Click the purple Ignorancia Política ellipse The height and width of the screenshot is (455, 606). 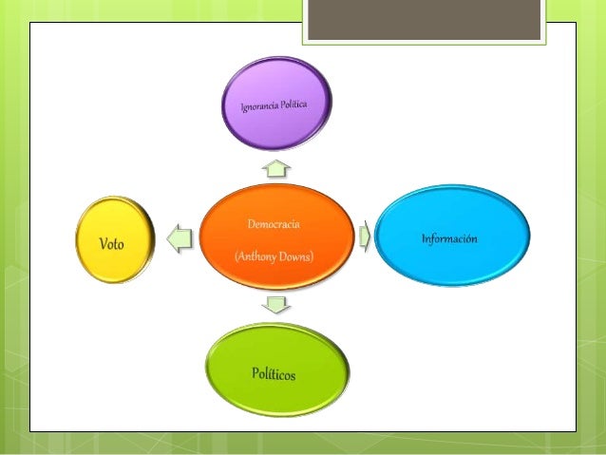[276, 104]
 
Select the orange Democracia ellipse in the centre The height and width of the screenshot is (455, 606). [276, 237]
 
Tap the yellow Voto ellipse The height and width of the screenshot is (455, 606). [115, 239]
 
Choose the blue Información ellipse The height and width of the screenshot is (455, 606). [452, 236]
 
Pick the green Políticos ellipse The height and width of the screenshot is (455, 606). [277, 370]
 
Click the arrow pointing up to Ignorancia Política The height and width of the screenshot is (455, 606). [276, 168]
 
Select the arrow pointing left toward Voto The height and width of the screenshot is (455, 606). [180, 238]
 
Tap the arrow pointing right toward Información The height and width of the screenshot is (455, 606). [365, 236]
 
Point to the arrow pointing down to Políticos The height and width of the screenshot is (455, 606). [276, 305]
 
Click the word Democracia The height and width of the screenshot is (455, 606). [274, 224]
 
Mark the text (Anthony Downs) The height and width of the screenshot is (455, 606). [274, 256]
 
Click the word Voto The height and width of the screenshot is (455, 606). [111, 244]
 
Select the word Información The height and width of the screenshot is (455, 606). [449, 238]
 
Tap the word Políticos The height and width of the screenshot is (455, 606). [274, 374]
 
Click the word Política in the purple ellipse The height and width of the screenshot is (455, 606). [294, 104]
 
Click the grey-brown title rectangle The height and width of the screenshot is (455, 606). [424, 19]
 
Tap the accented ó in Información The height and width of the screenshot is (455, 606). [468, 238]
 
